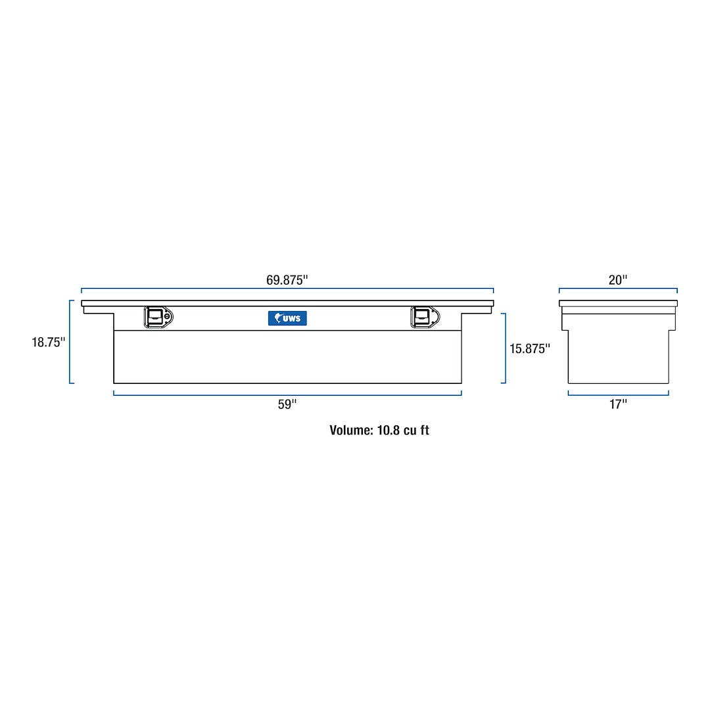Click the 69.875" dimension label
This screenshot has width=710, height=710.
287,279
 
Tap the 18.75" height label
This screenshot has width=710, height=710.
49,342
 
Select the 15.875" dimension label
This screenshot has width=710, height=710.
530,348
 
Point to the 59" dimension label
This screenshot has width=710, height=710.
287,404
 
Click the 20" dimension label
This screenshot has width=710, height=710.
618,279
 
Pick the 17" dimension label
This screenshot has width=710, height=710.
618,404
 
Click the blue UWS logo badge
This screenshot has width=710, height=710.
287,318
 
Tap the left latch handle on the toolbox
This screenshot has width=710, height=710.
155,317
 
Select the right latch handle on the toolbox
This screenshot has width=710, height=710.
421,317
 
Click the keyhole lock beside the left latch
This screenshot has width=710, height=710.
168,318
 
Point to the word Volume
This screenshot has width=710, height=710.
351,431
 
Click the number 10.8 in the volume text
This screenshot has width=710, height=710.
389,431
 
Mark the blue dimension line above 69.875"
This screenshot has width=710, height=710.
287,289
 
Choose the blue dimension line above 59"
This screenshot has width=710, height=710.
287,394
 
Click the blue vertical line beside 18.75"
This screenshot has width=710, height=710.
70,342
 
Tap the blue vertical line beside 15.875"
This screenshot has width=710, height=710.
505,348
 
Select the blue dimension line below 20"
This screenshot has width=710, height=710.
618,288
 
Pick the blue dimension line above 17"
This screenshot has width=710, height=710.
618,394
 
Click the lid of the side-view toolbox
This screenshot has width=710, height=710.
618,304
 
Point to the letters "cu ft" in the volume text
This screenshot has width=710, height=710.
417,431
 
